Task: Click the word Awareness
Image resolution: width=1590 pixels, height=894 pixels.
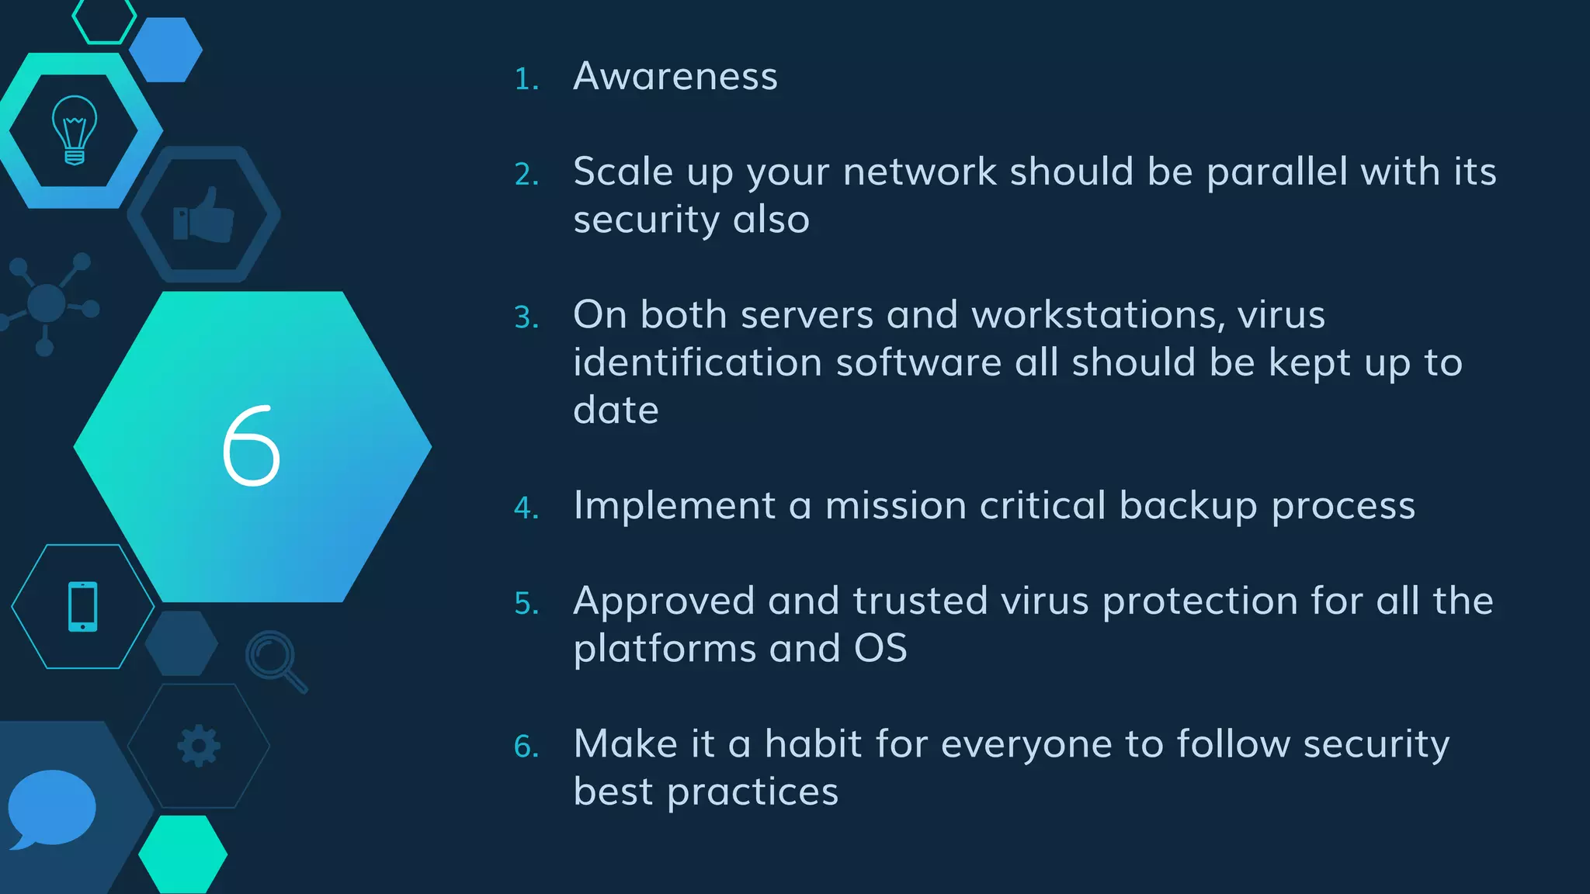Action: point(675,77)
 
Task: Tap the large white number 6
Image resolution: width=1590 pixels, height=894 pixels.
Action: point(251,446)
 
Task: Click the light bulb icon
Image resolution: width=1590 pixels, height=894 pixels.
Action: point(75,130)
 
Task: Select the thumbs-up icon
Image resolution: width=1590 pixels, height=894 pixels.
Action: point(203,215)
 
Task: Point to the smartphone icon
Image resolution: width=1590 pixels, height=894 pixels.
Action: point(83,606)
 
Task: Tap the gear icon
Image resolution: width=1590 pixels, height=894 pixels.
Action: point(199,746)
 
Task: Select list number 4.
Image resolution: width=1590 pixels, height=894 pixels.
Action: point(526,508)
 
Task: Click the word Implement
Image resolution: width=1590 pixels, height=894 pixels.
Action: point(674,506)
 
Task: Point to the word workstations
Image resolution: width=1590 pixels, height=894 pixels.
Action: point(1098,315)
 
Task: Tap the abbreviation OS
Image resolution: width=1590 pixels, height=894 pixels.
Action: point(880,649)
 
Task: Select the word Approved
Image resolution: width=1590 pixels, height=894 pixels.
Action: point(664,602)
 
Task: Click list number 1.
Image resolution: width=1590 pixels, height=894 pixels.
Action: point(526,79)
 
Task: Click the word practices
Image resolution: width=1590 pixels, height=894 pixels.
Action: point(752,792)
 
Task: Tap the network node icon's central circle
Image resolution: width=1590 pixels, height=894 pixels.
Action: point(46,303)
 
